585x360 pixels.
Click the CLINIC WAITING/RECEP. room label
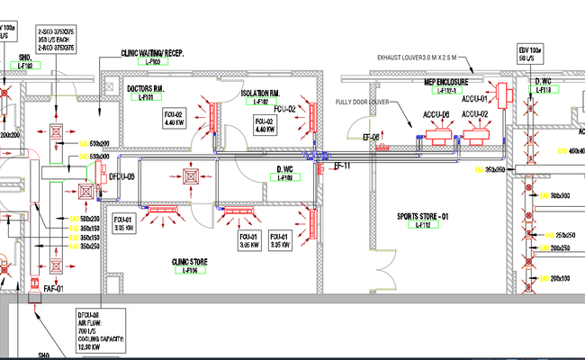pyautogui.click(x=152, y=53)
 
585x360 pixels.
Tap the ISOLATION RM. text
pyautogui.click(x=264, y=94)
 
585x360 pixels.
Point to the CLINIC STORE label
pyautogui.click(x=190, y=262)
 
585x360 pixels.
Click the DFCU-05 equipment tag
pyautogui.click(x=121, y=176)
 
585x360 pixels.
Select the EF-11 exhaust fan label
pyautogui.click(x=342, y=166)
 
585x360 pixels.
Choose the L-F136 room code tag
pyautogui.click(x=190, y=271)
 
